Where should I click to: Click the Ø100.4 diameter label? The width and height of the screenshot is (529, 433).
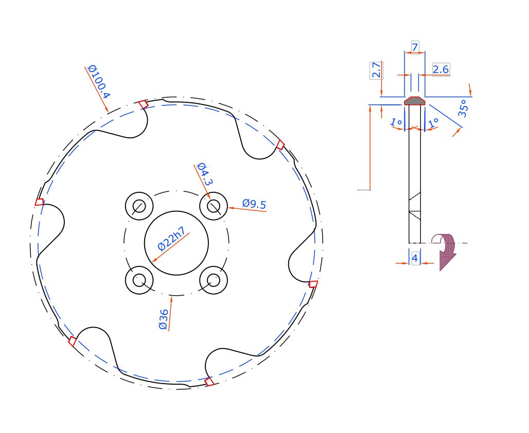98,82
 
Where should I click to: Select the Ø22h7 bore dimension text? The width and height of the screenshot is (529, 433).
171,238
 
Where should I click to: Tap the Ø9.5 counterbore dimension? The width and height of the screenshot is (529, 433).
254,205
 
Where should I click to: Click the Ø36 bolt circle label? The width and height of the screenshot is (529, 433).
164,319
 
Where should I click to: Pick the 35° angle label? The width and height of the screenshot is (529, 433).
463,109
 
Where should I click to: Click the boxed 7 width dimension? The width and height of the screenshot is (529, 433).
415,47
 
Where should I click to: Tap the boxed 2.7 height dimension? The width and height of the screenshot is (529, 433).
376,70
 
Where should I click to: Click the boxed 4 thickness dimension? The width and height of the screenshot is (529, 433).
415,259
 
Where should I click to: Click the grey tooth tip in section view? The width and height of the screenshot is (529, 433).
414,101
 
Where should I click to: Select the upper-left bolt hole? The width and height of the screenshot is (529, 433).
139,206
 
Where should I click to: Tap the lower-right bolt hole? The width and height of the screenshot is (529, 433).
214,280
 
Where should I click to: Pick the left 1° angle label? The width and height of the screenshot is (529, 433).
396,122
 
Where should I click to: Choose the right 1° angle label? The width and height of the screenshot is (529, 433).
433,122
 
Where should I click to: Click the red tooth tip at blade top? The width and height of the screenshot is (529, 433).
144,104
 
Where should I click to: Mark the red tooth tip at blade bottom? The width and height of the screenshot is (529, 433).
209,382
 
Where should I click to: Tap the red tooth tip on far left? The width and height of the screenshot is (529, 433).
39,202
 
